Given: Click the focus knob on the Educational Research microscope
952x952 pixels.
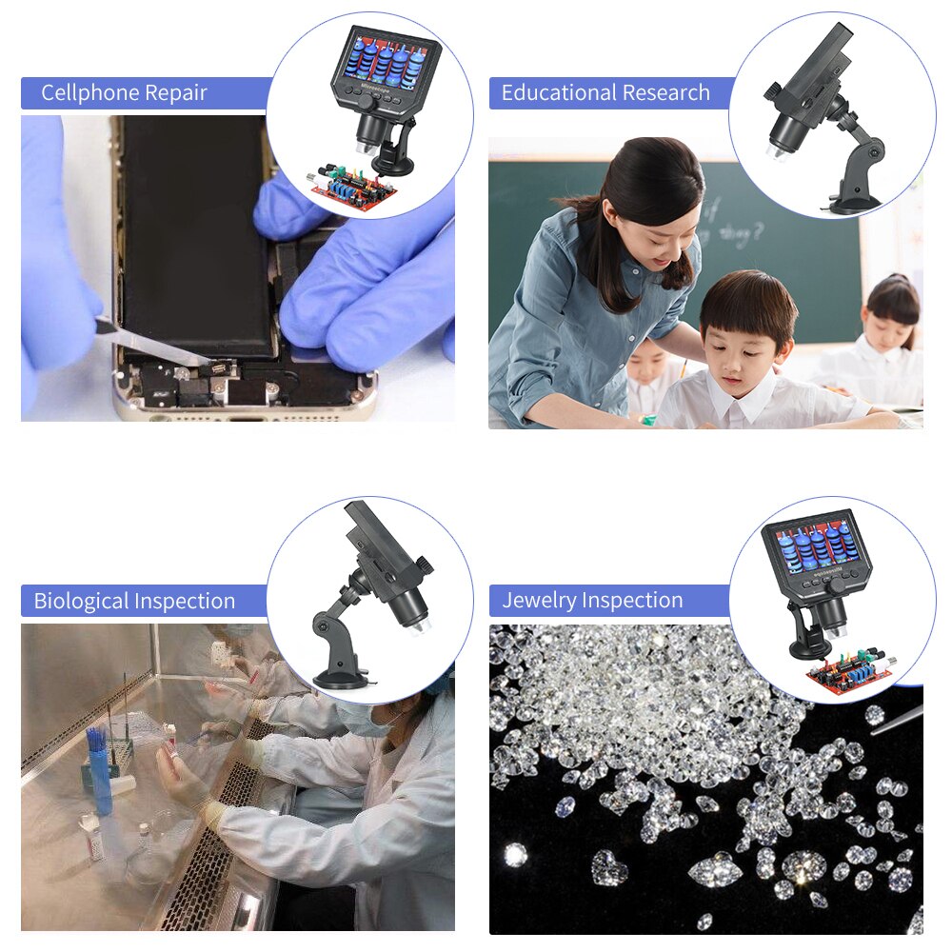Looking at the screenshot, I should (773, 92).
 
